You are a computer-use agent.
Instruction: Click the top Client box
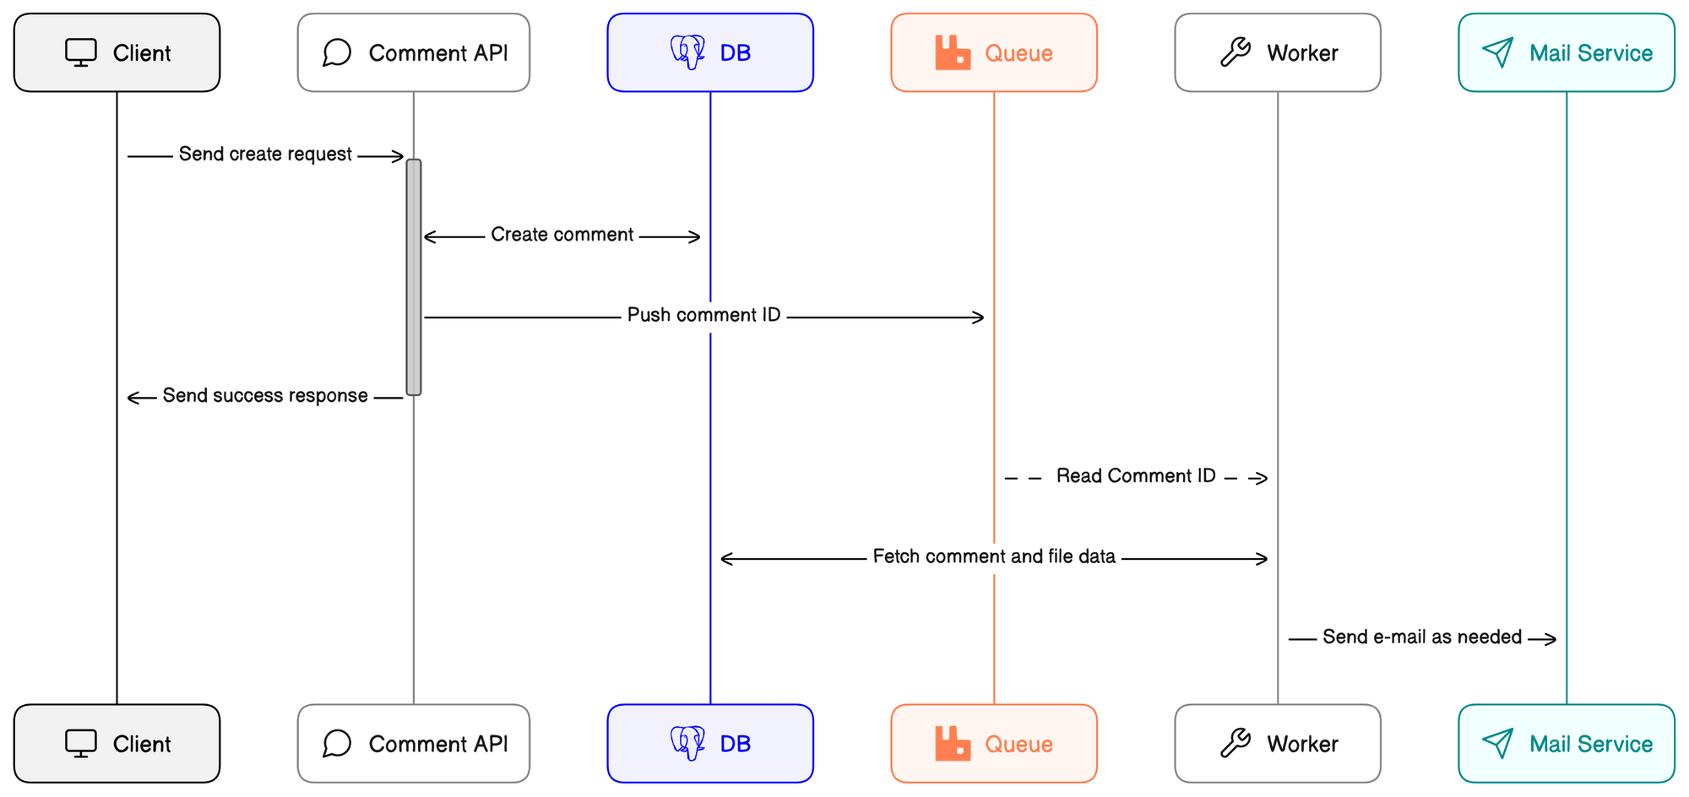117,52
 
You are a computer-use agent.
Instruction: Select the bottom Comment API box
413,744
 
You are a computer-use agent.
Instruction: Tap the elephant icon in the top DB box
687,52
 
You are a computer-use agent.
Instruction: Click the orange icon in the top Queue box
953,53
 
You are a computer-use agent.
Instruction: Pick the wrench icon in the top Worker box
1236,52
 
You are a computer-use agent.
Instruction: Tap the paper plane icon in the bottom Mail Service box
1497,744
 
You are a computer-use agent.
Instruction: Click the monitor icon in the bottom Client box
81,744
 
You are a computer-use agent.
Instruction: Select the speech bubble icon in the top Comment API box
337,52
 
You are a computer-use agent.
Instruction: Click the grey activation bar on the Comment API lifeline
414,277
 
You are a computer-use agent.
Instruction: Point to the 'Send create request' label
265,155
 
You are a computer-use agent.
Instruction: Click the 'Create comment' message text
562,235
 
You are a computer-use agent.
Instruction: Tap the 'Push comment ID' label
703,316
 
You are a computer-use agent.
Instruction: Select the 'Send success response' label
265,396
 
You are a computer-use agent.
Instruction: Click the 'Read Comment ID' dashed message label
1136,476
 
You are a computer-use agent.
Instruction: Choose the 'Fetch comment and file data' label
994,557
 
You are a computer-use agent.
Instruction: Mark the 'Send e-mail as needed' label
1422,637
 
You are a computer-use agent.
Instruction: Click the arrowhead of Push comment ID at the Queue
979,317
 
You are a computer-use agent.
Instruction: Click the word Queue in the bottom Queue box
1018,744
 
